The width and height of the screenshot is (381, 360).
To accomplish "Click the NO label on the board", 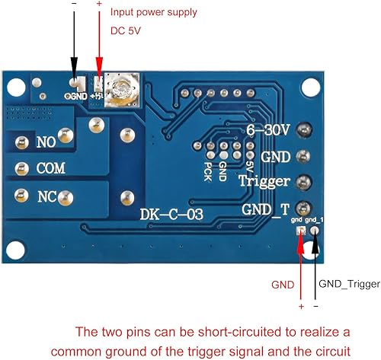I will pyautogui.click(x=46, y=142).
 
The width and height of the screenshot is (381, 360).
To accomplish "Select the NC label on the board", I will pyautogui.click(x=47, y=196).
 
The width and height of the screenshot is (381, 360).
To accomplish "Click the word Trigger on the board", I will pyautogui.click(x=263, y=182).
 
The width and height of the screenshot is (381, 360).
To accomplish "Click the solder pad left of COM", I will pyautogui.click(x=17, y=169).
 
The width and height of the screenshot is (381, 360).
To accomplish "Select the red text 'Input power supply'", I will pyautogui.click(x=153, y=13).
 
